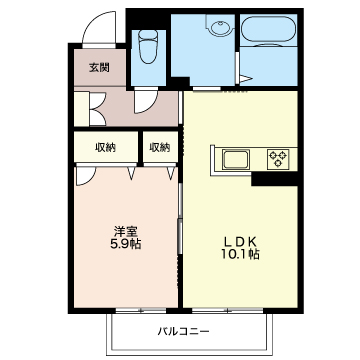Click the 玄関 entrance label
(x=99, y=68)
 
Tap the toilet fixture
(x=148, y=47)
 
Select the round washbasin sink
(x=219, y=26)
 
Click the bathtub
(x=269, y=29)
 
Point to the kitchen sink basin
(x=236, y=159)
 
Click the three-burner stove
(x=278, y=158)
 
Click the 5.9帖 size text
(x=125, y=245)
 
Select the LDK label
(x=239, y=241)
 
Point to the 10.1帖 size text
(x=240, y=255)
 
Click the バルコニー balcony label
(x=184, y=331)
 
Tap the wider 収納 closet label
(x=106, y=147)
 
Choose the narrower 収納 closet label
(x=159, y=147)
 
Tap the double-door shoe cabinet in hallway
(x=97, y=109)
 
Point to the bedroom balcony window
(x=141, y=310)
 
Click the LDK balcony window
(x=228, y=310)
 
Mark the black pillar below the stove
(x=274, y=179)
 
